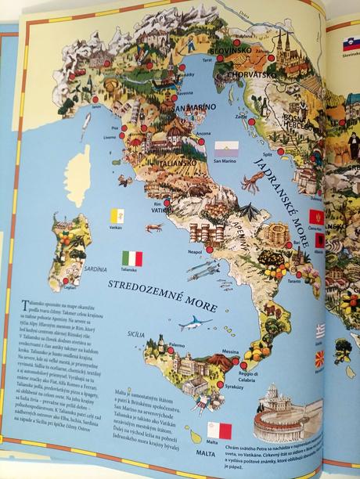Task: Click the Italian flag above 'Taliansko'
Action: [133, 258]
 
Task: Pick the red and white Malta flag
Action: [219, 430]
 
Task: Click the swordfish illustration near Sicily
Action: [196, 322]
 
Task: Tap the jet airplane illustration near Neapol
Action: [203, 272]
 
